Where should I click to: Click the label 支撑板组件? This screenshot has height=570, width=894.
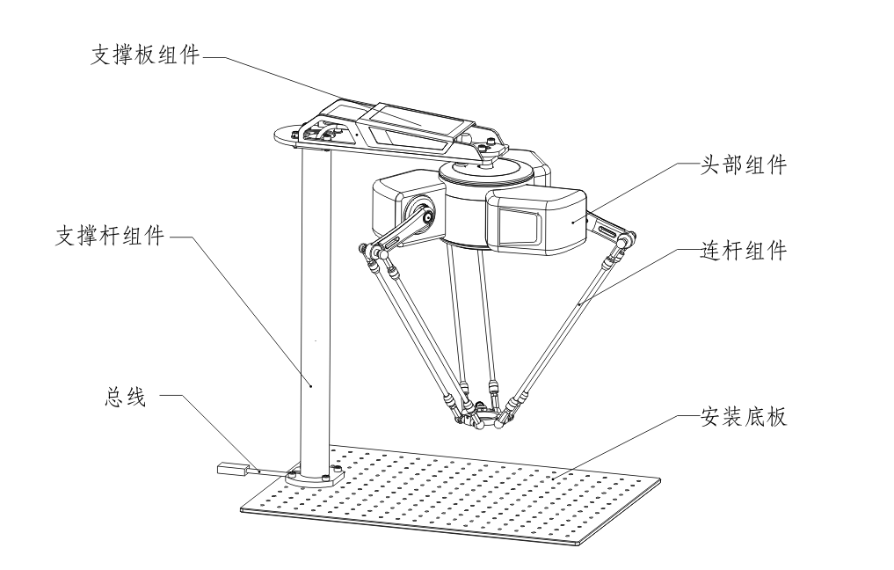pos(145,55)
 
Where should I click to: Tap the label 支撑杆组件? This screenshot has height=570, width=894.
pos(110,235)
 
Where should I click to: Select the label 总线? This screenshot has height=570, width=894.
pos(126,397)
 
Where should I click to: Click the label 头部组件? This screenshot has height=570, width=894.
pos(744,165)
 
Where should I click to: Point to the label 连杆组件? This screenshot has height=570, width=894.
pos(744,251)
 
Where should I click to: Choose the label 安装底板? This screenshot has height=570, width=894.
pos(744,417)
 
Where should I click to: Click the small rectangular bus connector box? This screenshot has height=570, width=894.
pos(231,469)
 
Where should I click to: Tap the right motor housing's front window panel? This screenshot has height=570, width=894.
pos(520,224)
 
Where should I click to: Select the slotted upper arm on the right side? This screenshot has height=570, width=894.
pos(610,229)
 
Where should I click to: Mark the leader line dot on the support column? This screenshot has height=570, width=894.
pos(310,385)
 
